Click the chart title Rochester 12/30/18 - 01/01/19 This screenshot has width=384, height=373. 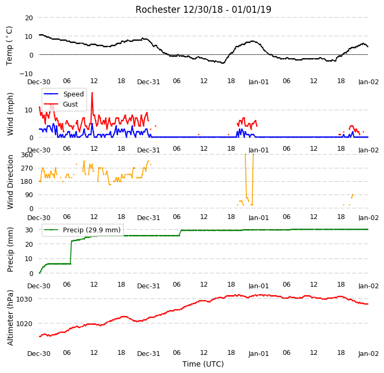pos(203,10)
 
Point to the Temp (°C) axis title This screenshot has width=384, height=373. pos(9,46)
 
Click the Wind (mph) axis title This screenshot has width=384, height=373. pos(10,114)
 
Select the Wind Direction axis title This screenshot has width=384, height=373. pos(10,182)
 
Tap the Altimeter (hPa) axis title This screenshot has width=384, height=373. pos(10,318)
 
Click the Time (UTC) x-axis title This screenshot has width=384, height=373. pos(203,364)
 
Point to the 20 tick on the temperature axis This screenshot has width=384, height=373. pos(29,18)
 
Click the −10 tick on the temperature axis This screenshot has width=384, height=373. pos(26,74)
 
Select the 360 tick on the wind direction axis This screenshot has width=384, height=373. pos(27,155)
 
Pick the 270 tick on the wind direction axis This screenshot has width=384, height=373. pos(27,168)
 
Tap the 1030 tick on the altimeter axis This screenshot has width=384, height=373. pos(24,299)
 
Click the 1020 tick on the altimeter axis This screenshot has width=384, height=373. pos(24,323)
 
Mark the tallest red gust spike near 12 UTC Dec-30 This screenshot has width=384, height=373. pos(92,93)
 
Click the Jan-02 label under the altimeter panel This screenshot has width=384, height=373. pos(369,353)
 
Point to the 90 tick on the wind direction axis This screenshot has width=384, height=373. pos(29,195)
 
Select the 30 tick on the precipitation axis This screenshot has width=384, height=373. pos(29,230)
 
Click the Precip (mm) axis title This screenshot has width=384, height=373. pos(10,250)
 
